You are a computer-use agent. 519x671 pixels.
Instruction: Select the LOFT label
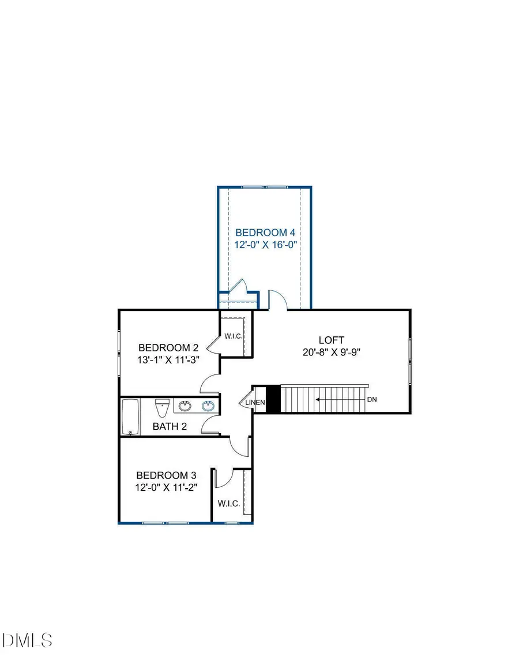coord(331,340)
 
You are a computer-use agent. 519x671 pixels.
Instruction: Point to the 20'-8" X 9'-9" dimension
coord(331,352)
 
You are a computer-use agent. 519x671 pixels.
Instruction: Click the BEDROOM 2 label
coord(168,348)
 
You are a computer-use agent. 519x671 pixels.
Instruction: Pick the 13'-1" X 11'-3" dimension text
coord(168,360)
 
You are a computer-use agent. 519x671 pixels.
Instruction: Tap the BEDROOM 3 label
coord(166,476)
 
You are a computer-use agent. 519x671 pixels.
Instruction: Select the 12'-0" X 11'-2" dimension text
coord(166,488)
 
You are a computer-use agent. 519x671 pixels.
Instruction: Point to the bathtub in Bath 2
coord(130,417)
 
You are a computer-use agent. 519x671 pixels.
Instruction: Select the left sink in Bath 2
coord(185,406)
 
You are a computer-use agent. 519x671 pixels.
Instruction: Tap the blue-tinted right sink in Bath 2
coord(208,406)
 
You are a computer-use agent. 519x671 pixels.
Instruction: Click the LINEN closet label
coord(255,403)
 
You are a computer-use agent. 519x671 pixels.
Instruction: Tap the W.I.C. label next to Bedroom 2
coord(233,336)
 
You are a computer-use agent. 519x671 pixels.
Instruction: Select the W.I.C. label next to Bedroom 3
coord(228,503)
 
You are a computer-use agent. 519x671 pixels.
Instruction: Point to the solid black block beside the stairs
coord(273,399)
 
